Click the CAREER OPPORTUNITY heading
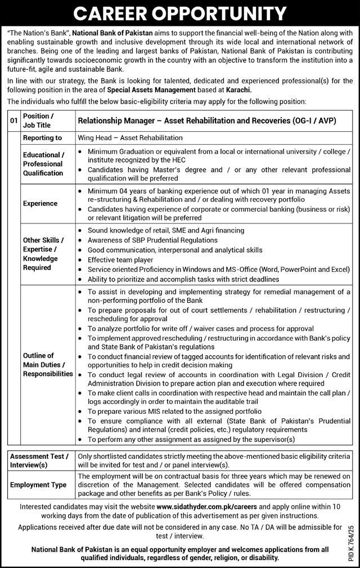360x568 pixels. pos(180,14)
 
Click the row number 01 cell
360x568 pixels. pos(13,120)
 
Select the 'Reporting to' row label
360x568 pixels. pos(43,137)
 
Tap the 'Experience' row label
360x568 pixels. pos(40,203)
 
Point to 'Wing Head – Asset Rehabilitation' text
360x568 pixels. pos(130,137)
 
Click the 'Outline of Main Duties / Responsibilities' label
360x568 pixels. pos(48,364)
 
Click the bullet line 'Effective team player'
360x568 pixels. pos(120,260)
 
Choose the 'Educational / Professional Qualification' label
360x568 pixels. pos(43,164)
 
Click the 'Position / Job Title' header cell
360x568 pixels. pos(37,120)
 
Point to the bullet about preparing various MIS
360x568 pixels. pos(163,411)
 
